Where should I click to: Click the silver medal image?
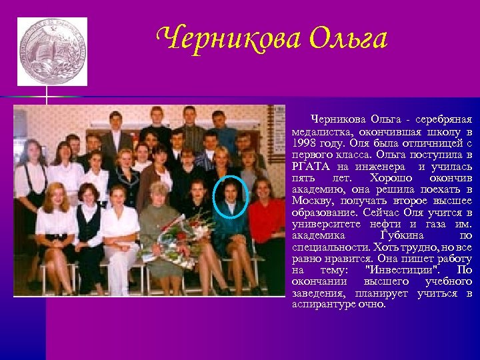(x=52, y=51)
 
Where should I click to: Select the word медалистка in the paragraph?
(x=320, y=132)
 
